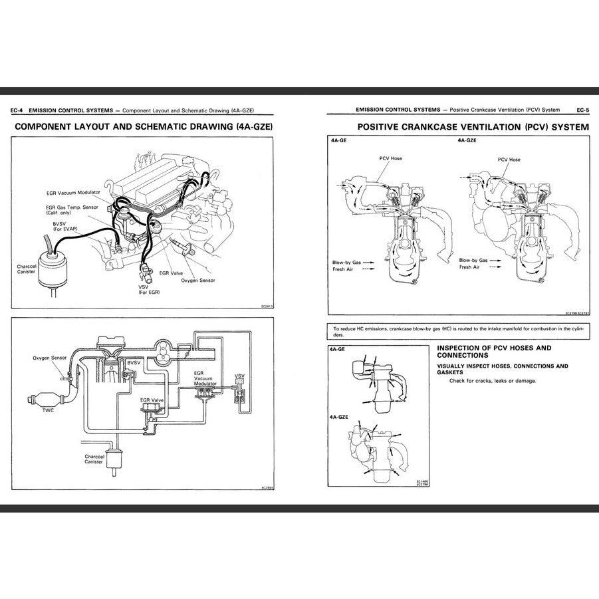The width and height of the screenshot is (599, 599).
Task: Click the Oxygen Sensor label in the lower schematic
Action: point(49,358)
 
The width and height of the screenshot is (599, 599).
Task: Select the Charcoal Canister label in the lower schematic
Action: point(94,459)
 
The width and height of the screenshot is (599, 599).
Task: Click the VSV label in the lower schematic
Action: point(239,376)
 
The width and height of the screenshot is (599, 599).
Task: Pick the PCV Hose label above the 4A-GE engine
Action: point(390,159)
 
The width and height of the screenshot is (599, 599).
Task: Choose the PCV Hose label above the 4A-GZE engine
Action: point(509,160)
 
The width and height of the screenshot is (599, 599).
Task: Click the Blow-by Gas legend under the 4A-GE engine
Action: point(347,262)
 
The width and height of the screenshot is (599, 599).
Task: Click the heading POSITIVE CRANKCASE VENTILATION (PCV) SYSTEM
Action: point(473,126)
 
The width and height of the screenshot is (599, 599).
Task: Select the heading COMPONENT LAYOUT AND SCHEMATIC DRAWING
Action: point(144,126)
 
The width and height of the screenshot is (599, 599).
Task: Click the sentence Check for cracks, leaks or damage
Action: point(492,381)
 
